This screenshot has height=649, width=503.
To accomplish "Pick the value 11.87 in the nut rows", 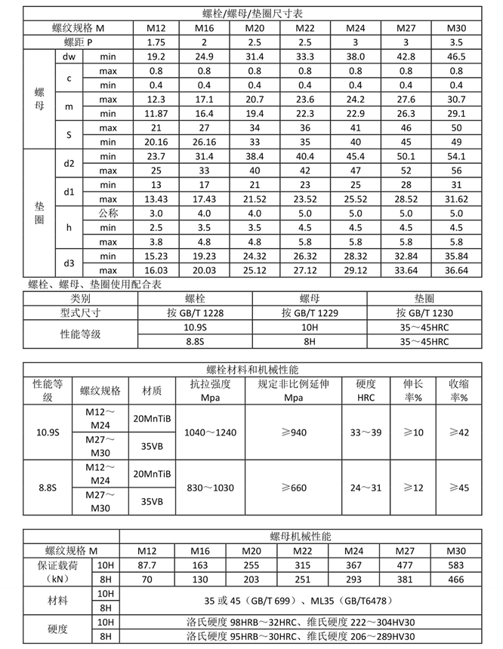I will click(156, 114).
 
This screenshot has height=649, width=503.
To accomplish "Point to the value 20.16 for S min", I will click(156, 141).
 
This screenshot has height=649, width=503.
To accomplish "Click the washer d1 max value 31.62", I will click(456, 199).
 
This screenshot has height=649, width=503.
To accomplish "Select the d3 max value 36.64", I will click(456, 270).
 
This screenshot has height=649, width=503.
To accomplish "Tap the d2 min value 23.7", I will click(156, 156).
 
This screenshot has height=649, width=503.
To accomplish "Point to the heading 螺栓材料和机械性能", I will click(252, 369).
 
